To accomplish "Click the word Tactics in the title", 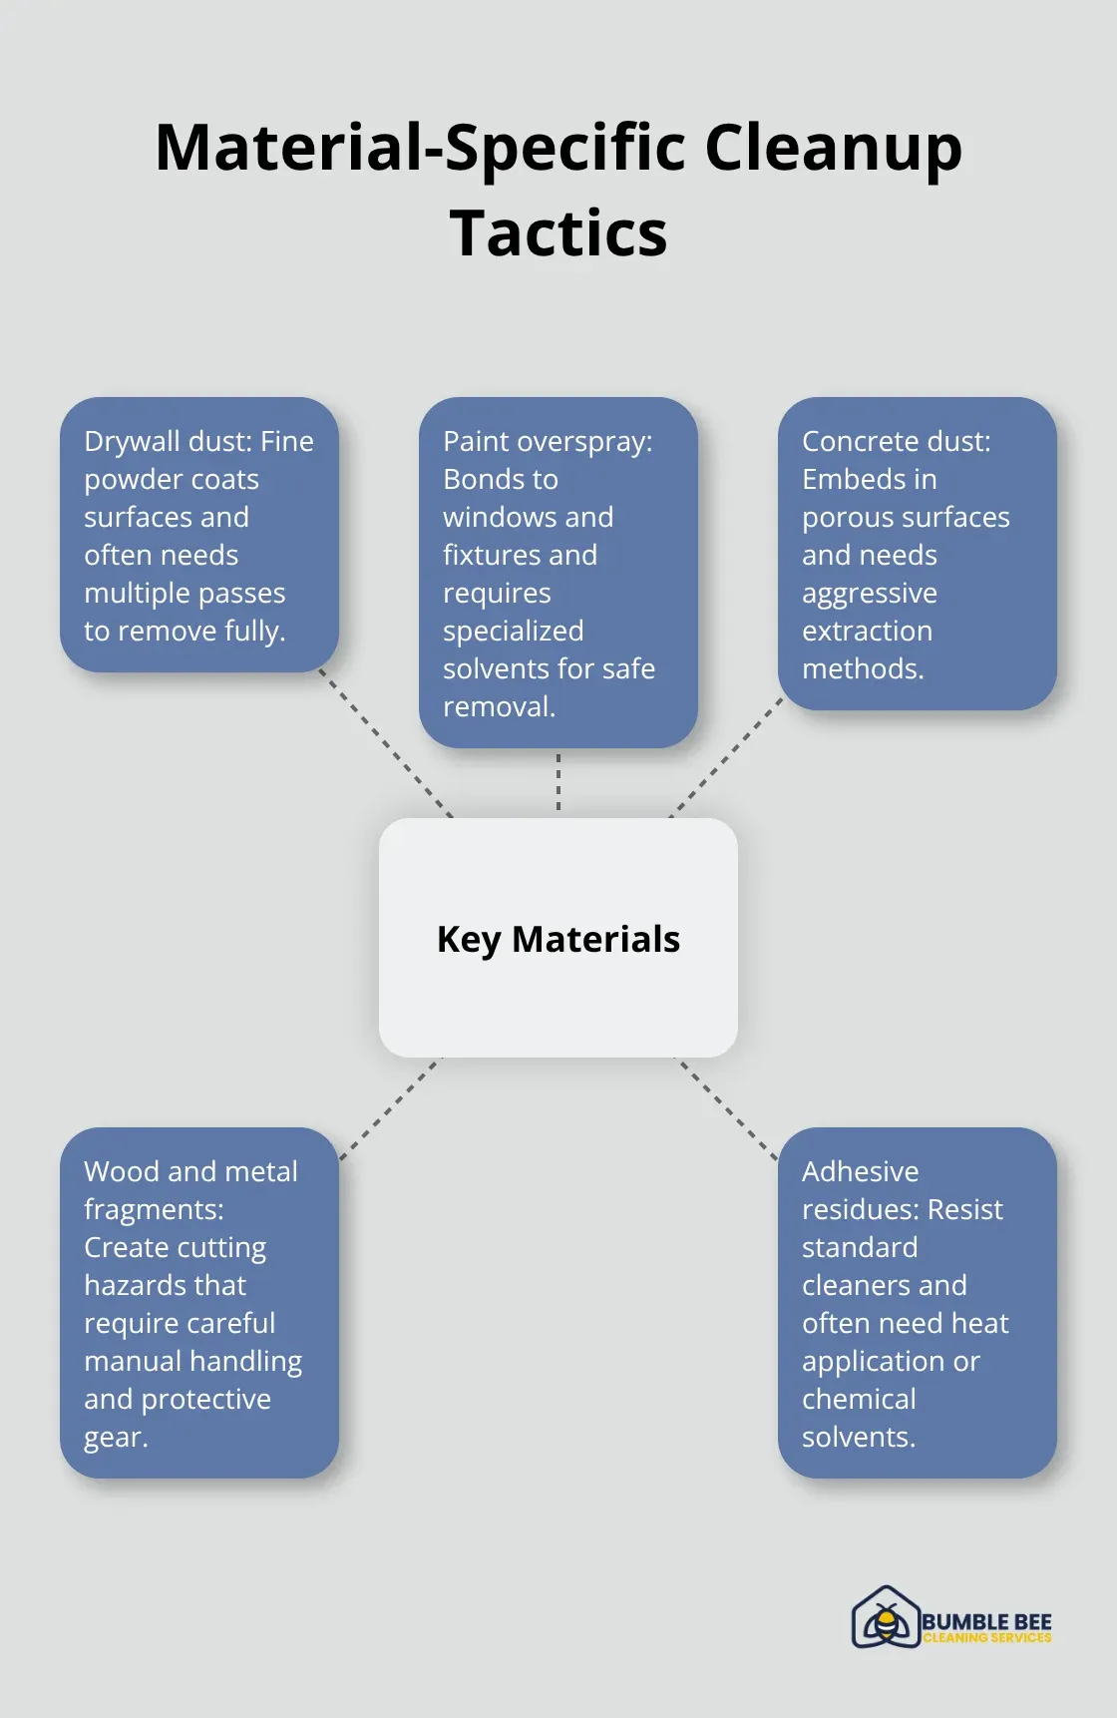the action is pos(558,233).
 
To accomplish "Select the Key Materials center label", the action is pos(558,940).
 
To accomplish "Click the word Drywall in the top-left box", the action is pos(133,442).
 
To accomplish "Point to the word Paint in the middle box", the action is pos(473,441).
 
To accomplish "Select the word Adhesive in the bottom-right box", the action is pos(861,1171).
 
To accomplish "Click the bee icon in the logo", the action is pos(885,1617).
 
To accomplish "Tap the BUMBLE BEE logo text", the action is pos(986,1622).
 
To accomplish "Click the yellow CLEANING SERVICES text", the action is pos(987,1638).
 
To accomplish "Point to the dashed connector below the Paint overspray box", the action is pos(558,781).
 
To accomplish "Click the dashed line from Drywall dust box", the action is pos(386,743).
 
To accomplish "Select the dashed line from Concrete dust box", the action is pos(726,757).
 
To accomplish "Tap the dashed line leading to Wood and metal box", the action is pos(390,1108).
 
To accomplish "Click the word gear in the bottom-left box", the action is pos(116,1439).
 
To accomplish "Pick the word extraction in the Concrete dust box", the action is pos(867,631).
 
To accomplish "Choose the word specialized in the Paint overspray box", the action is pos(514,632).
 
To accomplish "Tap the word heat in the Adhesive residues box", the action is pos(980,1323).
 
